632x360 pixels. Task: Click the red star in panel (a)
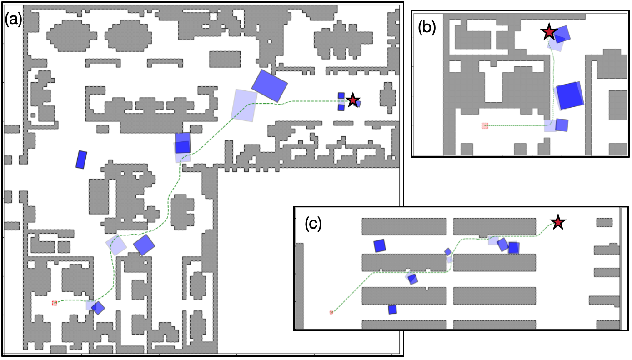[x=353, y=100]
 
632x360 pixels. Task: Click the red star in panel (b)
[x=549, y=32]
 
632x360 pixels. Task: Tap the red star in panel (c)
[x=558, y=222]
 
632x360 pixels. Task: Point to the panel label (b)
[x=426, y=27]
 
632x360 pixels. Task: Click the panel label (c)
[x=313, y=224]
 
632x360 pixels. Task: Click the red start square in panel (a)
[x=55, y=303]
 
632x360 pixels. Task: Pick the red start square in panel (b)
[x=485, y=126]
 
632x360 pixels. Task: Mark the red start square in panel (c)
[x=331, y=312]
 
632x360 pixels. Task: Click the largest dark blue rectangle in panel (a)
[x=270, y=86]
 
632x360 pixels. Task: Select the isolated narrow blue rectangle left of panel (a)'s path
[x=81, y=160]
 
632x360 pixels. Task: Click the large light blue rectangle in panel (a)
[x=244, y=105]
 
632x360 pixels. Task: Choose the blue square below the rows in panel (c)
[x=392, y=310]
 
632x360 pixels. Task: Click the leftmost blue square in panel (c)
[x=380, y=246]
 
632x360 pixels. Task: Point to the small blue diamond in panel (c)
[x=448, y=252]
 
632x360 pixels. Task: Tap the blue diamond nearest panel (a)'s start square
[x=98, y=308]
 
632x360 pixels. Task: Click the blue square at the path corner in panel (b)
[x=562, y=125]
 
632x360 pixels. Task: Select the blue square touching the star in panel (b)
[x=562, y=35]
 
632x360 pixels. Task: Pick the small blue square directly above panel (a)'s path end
[x=341, y=95]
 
